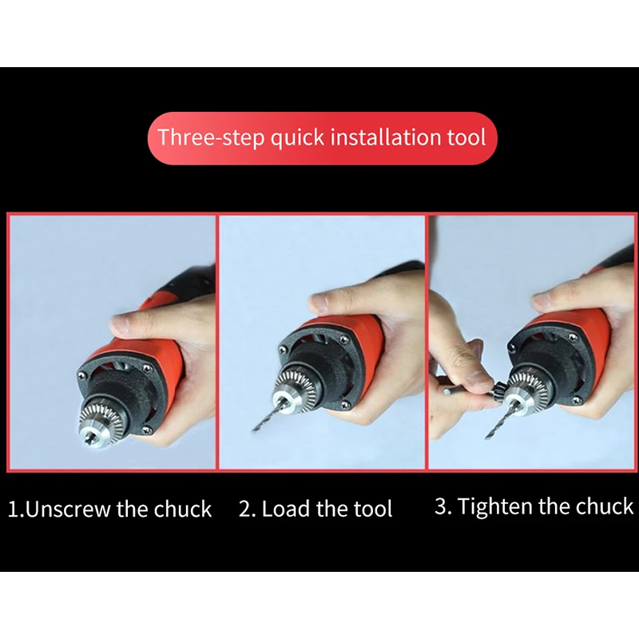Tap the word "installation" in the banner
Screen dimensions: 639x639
[x=385, y=137]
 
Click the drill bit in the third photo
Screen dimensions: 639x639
[x=500, y=419]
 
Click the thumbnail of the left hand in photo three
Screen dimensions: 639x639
[x=478, y=380]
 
